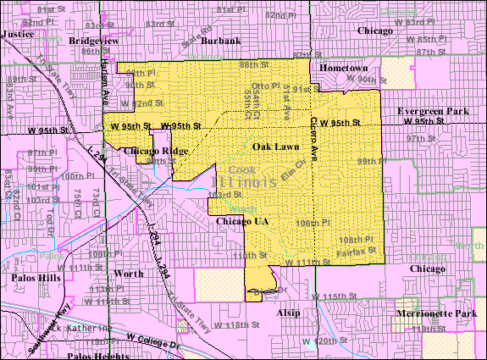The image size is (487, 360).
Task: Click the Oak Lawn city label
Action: click(x=274, y=147)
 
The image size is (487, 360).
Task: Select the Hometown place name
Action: click(x=344, y=68)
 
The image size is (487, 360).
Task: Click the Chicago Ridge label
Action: click(x=157, y=151)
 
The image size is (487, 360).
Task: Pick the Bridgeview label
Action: click(x=93, y=40)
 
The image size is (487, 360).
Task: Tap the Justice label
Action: click(x=19, y=34)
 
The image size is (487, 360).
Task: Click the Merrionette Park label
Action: click(x=437, y=313)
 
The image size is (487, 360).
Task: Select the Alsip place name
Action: click(x=289, y=313)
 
